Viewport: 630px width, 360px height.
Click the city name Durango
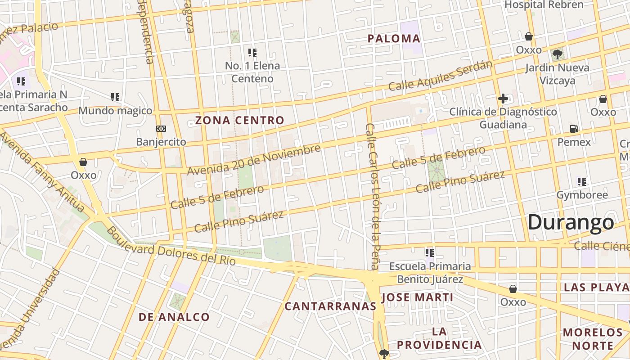pyautogui.click(x=571, y=222)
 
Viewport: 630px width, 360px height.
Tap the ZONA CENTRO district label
pyautogui.click(x=239, y=120)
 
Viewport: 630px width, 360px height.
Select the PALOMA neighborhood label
pyautogui.click(x=394, y=39)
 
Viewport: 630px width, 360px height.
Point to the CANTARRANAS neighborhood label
pyautogui.click(x=330, y=306)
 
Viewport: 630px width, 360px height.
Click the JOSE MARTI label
pyautogui.click(x=417, y=297)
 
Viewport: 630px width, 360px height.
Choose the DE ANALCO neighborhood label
pyautogui.click(x=174, y=317)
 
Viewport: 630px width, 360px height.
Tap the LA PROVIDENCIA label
pyautogui.click(x=439, y=338)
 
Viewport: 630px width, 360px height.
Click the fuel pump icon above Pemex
pyautogui.click(x=574, y=129)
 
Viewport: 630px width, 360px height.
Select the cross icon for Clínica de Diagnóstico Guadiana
pyautogui.click(x=503, y=99)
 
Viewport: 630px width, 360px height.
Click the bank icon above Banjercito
pyautogui.click(x=161, y=129)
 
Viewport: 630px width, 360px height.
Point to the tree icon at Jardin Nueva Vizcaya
pyautogui.click(x=558, y=54)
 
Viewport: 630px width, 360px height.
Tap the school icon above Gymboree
pyautogui.click(x=582, y=182)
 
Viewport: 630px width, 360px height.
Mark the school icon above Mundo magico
pyautogui.click(x=115, y=97)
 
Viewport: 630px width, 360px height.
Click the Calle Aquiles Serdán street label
pyautogui.click(x=441, y=76)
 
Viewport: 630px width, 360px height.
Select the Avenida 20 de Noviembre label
pyautogui.click(x=254, y=160)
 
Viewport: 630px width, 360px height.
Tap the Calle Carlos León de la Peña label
pyautogui.click(x=373, y=196)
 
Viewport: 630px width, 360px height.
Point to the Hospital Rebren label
pyautogui.click(x=544, y=5)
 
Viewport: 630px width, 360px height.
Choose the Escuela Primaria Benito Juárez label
pyautogui.click(x=430, y=273)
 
